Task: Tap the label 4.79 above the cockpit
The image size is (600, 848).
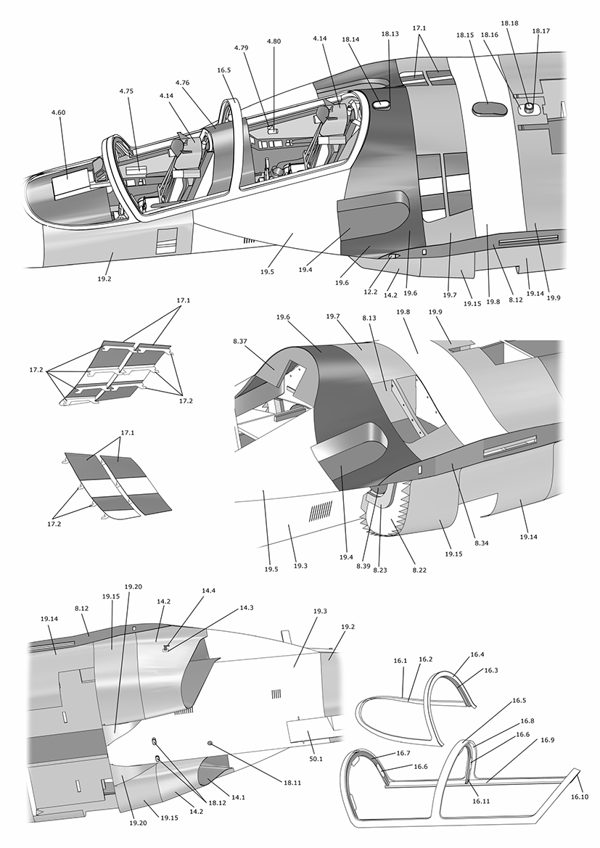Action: click(x=242, y=48)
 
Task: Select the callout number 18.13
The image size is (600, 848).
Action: click(x=390, y=33)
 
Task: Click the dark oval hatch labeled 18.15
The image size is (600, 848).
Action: click(x=488, y=108)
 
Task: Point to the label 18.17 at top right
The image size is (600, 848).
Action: click(x=541, y=31)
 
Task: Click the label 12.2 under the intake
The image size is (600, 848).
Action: click(x=370, y=291)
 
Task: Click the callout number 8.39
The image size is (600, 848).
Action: click(x=363, y=565)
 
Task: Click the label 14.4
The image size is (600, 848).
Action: click(x=209, y=591)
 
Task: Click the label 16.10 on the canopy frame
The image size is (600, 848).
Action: click(x=580, y=796)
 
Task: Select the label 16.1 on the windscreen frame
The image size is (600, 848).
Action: click(x=400, y=661)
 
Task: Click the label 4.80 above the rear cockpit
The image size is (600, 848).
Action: click(x=274, y=41)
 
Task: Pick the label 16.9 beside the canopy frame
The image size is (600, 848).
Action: click(x=547, y=740)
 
